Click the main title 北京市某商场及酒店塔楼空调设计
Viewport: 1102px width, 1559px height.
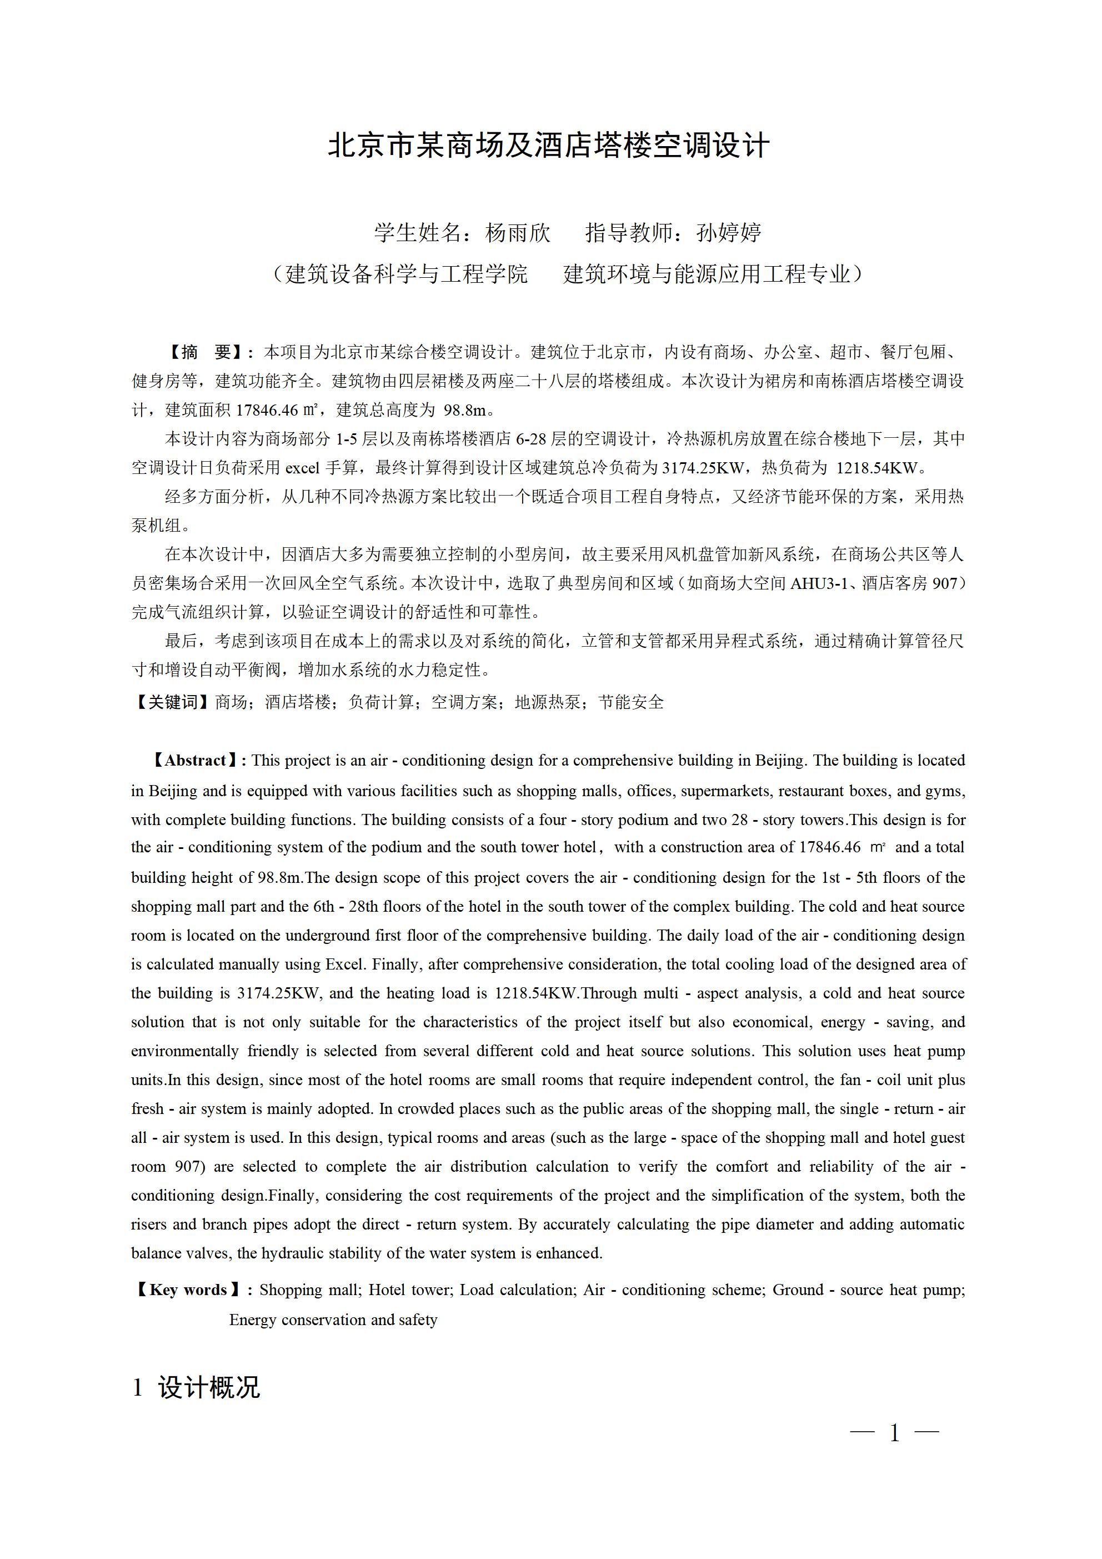(x=549, y=146)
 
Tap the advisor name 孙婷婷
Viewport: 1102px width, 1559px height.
(x=729, y=233)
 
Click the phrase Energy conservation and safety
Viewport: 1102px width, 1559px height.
(x=333, y=1320)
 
